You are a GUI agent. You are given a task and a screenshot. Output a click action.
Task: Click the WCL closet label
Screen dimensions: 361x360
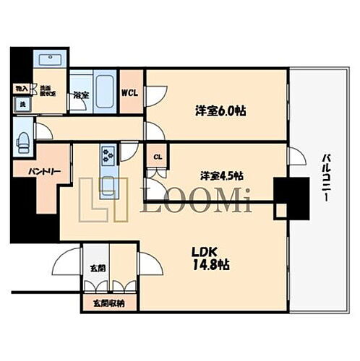130,92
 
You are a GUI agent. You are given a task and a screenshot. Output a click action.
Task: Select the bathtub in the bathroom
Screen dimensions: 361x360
103,87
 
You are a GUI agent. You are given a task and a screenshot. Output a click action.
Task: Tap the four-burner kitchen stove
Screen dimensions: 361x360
108,155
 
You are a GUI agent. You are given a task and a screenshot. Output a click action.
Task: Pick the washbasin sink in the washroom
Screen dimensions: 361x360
50,60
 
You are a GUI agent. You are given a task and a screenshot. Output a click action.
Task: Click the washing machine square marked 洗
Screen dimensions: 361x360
22,105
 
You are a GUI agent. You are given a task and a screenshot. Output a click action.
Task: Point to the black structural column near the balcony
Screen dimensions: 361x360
292,198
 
